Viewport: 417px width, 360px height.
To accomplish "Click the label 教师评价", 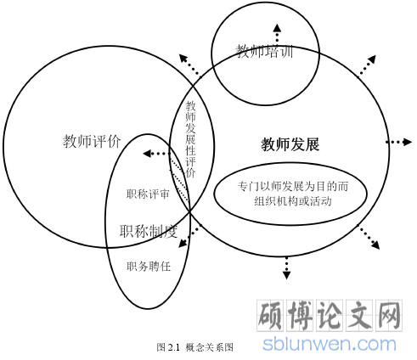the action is point(92,141).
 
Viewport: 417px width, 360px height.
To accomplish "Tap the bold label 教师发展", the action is point(290,144).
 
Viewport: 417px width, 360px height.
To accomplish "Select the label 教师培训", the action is point(264,51).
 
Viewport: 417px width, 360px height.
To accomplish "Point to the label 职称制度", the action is point(149,231).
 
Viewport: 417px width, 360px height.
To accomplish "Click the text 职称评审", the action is point(148,194).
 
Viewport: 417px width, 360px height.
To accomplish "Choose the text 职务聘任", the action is point(149,267).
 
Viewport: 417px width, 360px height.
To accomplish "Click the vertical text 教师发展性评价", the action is point(190,139).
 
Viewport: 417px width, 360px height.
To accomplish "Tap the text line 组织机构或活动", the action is point(293,201).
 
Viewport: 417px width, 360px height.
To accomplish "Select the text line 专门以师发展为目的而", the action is point(293,187).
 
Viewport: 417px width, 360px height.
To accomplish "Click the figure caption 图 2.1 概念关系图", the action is point(195,347).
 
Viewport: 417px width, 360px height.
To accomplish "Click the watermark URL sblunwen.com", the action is point(330,344).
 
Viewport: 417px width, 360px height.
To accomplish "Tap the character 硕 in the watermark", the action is point(270,316).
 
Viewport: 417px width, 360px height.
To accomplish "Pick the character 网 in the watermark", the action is point(389,316).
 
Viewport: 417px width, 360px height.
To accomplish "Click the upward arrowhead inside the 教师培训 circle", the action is point(277,28).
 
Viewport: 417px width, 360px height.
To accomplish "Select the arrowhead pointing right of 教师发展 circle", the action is point(408,142).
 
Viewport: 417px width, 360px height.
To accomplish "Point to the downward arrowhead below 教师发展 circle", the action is point(286,275).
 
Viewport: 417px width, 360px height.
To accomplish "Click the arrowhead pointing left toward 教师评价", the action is point(147,154).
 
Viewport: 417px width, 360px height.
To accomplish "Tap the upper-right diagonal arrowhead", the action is point(372,59).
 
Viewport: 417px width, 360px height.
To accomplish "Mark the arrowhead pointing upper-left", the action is point(183,58).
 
